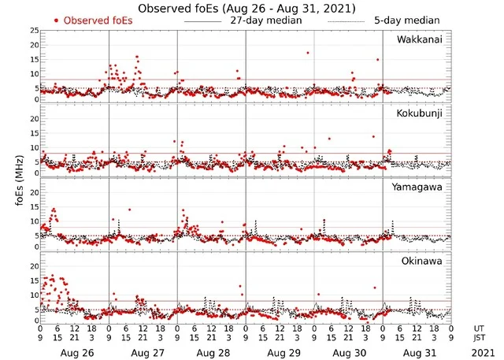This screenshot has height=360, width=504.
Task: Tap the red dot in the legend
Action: click(57, 20)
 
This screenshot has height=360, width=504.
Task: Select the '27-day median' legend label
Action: click(265, 20)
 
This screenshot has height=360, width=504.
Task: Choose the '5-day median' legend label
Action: click(407, 20)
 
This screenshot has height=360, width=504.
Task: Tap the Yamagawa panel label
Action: click(421, 187)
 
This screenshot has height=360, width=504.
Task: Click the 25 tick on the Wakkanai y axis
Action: click(32, 30)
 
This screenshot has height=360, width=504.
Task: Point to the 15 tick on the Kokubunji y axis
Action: click(32, 133)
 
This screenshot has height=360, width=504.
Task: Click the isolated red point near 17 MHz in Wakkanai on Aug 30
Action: click(307, 53)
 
